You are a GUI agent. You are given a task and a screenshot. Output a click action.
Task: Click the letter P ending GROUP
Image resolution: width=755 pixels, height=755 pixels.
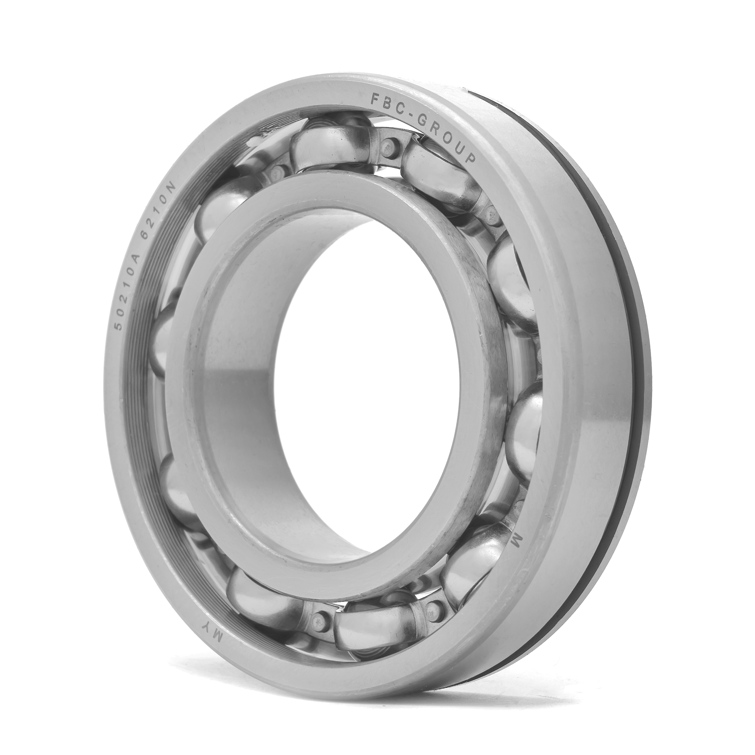tap(470, 158)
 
